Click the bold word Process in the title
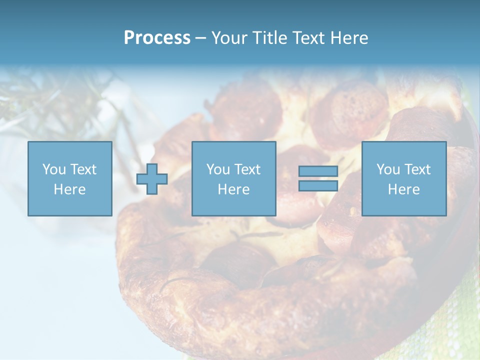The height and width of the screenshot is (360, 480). tap(157, 38)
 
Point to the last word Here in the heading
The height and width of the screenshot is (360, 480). tap(349, 38)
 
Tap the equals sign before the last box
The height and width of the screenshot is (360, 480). tap(318, 178)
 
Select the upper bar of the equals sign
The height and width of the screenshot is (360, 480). tap(318, 171)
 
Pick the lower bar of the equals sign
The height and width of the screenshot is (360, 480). tap(318, 185)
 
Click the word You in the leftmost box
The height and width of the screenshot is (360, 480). tap(54, 169)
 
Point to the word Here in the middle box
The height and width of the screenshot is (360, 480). tap(233, 189)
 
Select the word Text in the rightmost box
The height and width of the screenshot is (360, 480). tap(417, 169)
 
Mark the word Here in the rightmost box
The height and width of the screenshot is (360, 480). tap(403, 189)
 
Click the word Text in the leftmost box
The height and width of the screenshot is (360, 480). tap(83, 169)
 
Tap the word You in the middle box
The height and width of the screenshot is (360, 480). tap(218, 169)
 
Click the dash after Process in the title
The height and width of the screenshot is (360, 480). tap(201, 38)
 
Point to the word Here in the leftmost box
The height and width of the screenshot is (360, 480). tap(69, 189)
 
